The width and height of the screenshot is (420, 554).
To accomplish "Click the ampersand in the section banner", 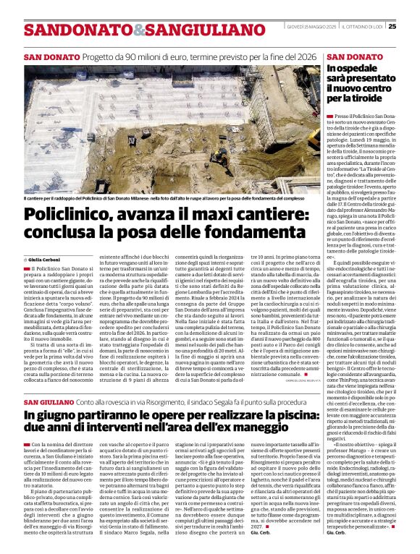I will (x=119, y=30).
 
